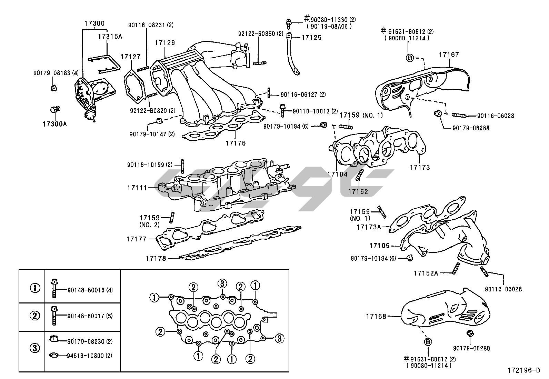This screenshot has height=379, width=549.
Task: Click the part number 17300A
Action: click(55, 123)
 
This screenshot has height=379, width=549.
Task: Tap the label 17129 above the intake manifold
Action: click(164, 43)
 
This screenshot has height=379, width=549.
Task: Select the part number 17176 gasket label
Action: click(236, 143)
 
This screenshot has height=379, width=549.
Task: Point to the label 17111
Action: click(137, 188)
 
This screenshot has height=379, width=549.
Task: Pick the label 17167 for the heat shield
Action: click(449, 55)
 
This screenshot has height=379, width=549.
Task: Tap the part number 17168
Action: click(377, 316)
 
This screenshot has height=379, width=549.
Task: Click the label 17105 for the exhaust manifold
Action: click(379, 246)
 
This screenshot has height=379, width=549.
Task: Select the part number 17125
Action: click(311, 38)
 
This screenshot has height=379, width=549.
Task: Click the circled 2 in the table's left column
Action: click(35, 316)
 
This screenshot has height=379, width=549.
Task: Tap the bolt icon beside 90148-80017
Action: click(54, 316)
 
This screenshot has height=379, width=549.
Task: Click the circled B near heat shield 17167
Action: click(410, 58)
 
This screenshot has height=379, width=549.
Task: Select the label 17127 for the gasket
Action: click(130, 57)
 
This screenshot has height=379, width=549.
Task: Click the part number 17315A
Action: click(110, 36)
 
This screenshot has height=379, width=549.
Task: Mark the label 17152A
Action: click(426, 273)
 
